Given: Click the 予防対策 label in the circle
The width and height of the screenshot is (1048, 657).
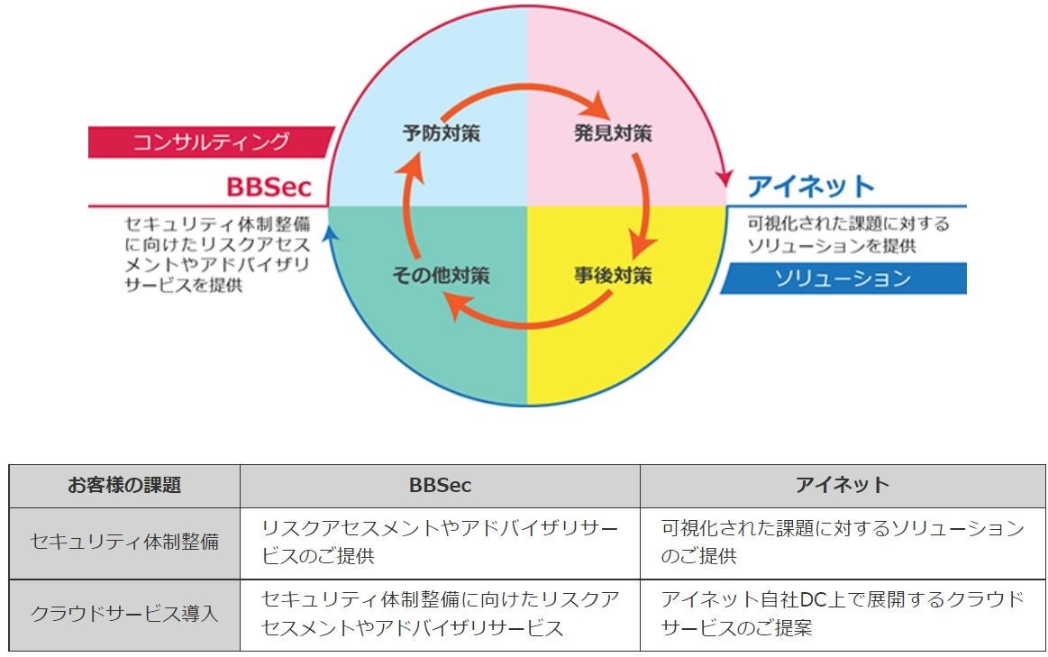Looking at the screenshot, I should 441,134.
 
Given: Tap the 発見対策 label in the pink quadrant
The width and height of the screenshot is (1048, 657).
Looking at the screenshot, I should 613,134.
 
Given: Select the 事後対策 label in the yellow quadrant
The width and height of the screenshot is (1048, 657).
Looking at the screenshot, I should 613,275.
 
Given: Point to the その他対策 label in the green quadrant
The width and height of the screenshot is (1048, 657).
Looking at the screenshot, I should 441,275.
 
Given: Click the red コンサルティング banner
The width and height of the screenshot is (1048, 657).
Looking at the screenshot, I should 211,141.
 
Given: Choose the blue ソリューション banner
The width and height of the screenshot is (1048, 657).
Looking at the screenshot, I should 843,278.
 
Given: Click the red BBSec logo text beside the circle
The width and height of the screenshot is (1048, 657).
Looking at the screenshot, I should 269,187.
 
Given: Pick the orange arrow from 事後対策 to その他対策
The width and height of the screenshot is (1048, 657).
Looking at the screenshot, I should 527,317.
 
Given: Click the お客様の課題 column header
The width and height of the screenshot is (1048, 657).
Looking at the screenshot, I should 124,485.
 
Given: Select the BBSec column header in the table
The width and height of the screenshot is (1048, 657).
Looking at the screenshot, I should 440,485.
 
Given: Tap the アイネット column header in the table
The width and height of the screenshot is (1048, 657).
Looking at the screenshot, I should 843,485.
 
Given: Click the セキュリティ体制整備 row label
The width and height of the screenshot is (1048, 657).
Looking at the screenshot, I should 124,542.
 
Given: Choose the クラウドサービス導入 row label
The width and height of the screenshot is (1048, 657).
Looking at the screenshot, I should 124,614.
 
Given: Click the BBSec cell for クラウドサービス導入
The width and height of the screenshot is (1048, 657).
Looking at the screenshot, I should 440,614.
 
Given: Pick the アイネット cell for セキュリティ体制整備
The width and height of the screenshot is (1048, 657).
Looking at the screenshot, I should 843,542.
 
